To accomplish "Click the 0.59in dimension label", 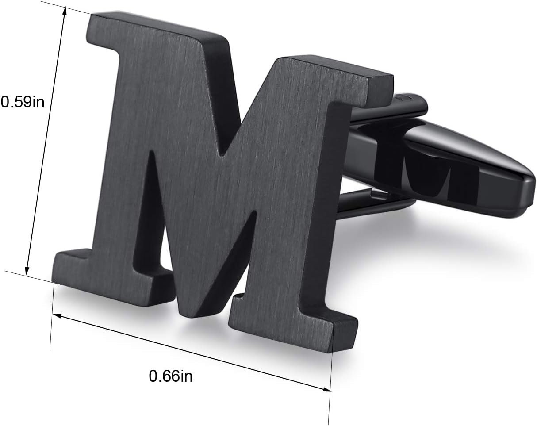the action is (23, 102).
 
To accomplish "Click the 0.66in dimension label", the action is (171, 376).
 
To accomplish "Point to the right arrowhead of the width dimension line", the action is (326, 390).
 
